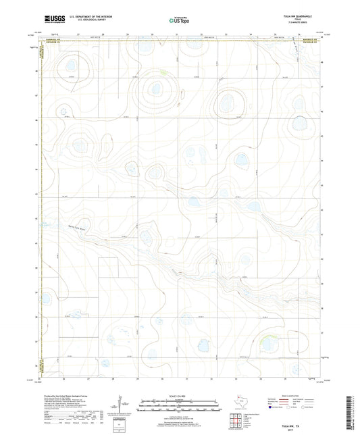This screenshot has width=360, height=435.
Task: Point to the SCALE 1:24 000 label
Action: tap(180, 396)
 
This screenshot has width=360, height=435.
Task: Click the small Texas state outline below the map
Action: tap(241, 403)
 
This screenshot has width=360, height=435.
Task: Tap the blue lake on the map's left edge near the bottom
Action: tap(45, 298)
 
